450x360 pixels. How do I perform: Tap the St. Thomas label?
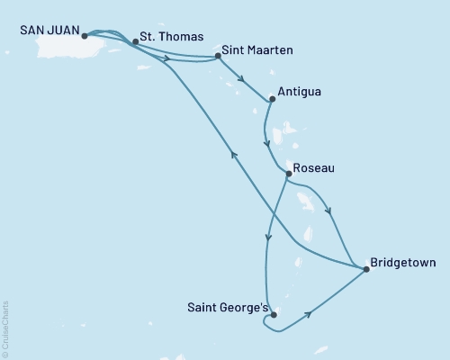(165, 40)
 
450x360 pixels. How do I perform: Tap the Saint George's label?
(225, 307)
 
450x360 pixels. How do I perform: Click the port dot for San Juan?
(84, 37)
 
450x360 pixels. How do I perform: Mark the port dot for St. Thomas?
(135, 41)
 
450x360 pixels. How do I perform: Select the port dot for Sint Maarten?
(219, 57)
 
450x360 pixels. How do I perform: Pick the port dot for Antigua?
(271, 99)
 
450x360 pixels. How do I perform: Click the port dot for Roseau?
(287, 173)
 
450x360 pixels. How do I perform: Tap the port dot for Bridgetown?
(365, 268)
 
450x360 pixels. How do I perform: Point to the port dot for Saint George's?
(273, 315)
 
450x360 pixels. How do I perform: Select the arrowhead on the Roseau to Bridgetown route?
(329, 212)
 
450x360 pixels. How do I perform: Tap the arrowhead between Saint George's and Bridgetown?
(310, 314)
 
